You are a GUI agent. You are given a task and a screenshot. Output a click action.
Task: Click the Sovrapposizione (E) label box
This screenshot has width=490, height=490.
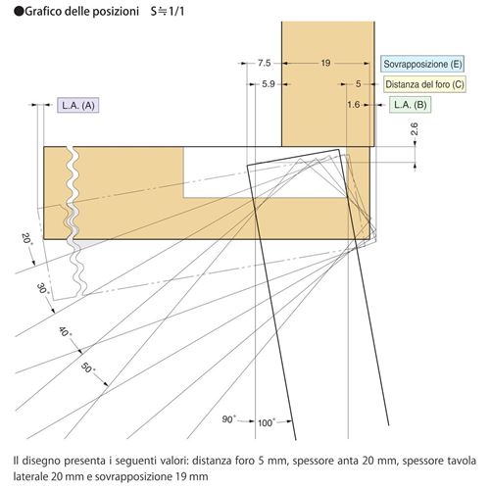coord(422,64)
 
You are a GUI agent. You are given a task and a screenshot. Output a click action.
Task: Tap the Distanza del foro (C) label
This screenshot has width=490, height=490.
coord(424,84)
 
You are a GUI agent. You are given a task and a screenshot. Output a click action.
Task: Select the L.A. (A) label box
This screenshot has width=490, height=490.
coord(78,105)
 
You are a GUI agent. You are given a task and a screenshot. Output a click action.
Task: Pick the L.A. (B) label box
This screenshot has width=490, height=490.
coord(411,105)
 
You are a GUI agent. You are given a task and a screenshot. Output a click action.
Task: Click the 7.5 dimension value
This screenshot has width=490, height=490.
coord(265,63)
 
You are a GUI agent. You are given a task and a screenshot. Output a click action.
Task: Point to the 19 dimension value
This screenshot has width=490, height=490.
coord(325,63)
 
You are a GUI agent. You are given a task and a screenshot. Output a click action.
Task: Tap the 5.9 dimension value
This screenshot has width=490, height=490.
coord(269,84)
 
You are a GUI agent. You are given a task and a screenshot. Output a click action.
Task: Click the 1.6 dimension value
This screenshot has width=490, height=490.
coord(354,105)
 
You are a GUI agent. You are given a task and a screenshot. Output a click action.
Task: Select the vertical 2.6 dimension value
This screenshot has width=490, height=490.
coord(415,129)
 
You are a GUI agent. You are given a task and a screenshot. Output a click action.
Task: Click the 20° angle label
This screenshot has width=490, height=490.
coord(27,239)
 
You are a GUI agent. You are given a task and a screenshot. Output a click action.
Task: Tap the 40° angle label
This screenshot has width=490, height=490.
coord(65,331)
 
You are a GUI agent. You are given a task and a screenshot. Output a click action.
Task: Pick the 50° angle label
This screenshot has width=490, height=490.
coord(87,368)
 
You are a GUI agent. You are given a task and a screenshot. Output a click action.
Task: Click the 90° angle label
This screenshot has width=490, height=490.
coord(229,419)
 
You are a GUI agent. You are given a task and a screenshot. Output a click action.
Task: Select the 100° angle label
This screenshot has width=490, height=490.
coord(267,422)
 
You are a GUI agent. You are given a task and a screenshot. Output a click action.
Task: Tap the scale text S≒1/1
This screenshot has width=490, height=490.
coord(168,12)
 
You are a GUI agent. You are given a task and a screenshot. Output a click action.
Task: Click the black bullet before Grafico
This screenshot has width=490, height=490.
coord(19,12)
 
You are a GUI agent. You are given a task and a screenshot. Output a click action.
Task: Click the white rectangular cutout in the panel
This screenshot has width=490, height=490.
coord(265,172)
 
